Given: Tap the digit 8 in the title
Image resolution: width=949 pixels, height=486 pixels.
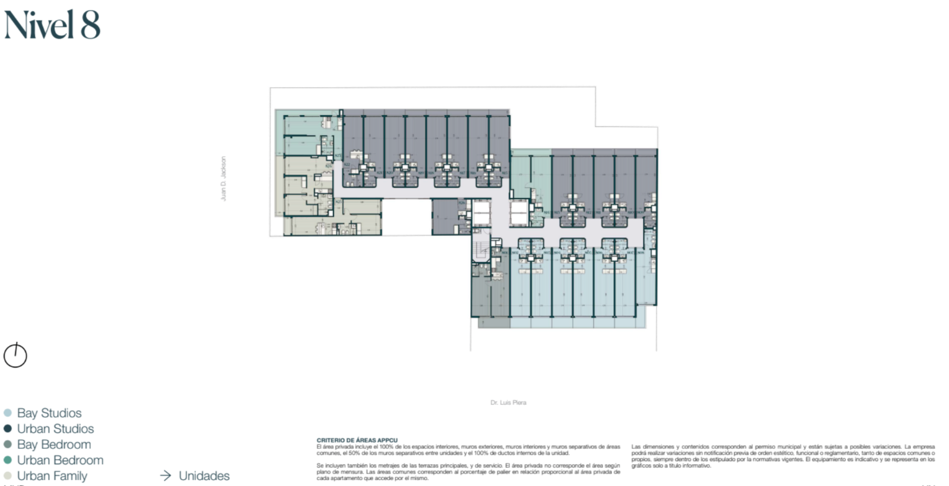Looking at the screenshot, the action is pyautogui.click(x=90, y=25).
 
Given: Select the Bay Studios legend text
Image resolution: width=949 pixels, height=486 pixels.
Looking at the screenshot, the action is pyautogui.click(x=49, y=413).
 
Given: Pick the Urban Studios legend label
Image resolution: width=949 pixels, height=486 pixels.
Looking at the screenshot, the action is pyautogui.click(x=55, y=429).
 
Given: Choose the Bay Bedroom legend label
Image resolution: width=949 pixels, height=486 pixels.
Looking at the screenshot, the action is pyautogui.click(x=54, y=445).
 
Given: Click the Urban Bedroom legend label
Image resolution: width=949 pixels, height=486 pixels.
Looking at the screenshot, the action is pyautogui.click(x=60, y=460).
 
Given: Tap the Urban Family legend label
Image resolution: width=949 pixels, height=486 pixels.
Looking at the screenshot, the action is pyautogui.click(x=52, y=476).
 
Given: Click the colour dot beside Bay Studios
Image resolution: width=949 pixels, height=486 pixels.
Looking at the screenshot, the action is pyautogui.click(x=8, y=413).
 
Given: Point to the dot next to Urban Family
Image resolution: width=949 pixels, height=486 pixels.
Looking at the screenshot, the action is pyautogui.click(x=8, y=476).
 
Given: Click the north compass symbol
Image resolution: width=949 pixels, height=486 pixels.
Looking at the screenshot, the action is pyautogui.click(x=15, y=356).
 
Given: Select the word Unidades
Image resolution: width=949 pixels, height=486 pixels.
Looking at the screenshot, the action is pyautogui.click(x=204, y=476).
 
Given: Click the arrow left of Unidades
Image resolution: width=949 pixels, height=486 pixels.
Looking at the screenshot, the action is pyautogui.click(x=166, y=476).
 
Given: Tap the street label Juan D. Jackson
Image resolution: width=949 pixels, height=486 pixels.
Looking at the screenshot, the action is pyautogui.click(x=224, y=178).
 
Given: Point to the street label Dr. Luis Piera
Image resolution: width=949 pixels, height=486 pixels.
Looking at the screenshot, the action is pyautogui.click(x=508, y=402).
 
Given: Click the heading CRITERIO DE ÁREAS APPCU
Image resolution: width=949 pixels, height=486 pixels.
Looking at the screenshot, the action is pyautogui.click(x=357, y=440).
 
